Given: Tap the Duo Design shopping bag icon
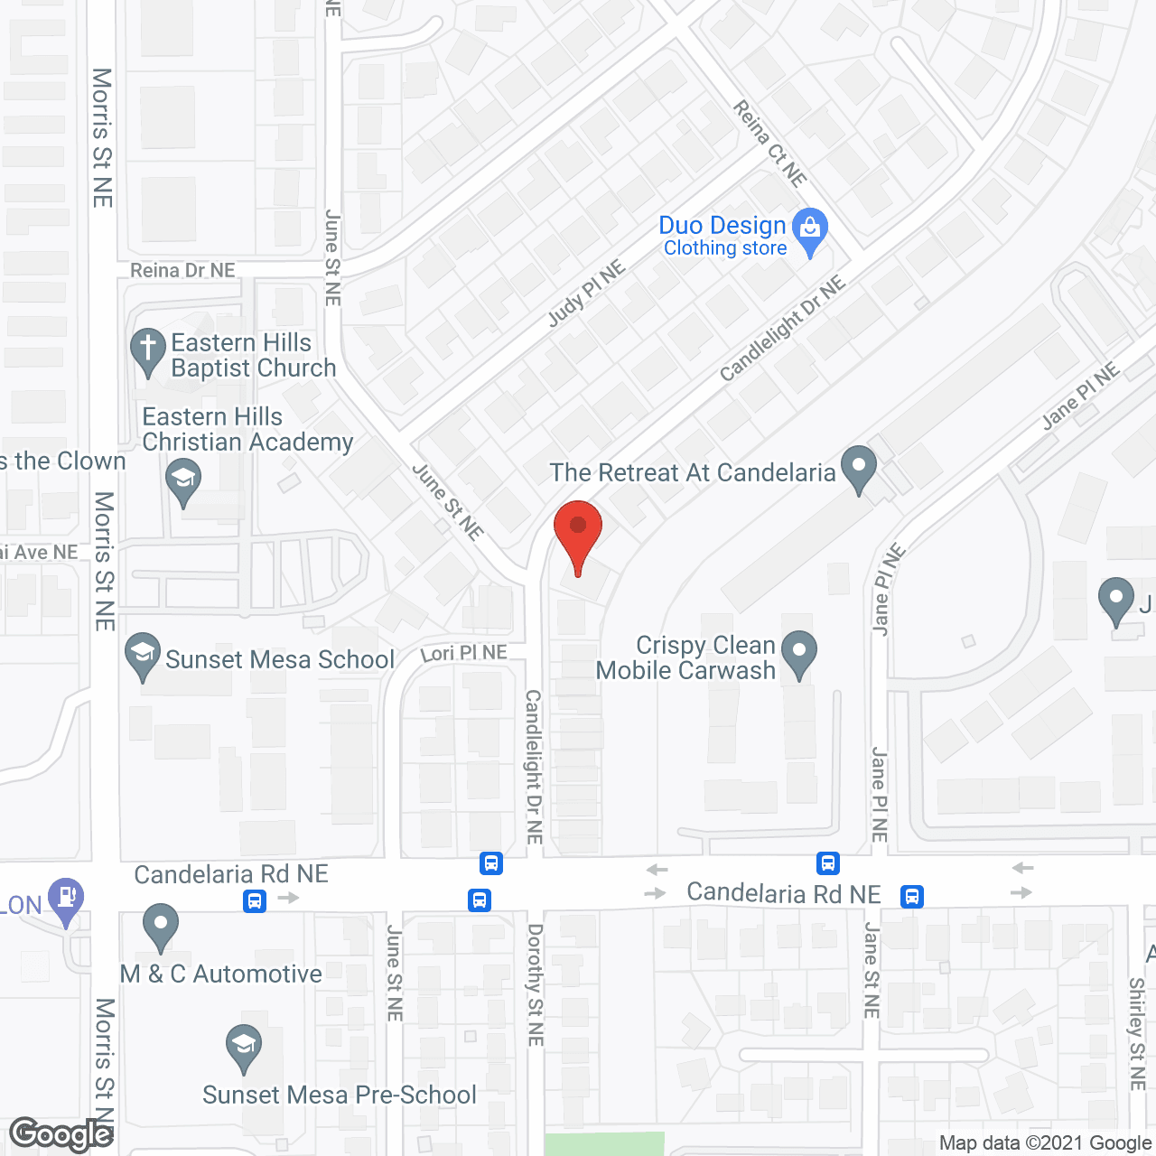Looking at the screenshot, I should (x=810, y=228).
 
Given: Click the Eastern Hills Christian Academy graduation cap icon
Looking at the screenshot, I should (x=183, y=480).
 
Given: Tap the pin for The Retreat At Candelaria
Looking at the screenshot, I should (x=858, y=467).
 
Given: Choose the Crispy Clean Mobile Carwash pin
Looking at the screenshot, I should (x=798, y=651).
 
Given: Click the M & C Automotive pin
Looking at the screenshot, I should (x=161, y=925).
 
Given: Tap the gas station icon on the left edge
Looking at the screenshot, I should (x=66, y=899).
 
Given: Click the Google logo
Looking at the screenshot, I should (x=61, y=1134).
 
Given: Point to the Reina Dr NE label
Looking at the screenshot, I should (x=182, y=270).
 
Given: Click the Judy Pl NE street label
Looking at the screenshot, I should (x=586, y=294).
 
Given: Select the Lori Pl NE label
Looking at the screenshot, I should (x=463, y=652).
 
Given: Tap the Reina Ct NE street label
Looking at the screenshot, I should (x=769, y=144).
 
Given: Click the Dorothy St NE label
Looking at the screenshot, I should (x=536, y=984).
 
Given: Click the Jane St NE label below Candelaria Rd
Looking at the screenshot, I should (x=872, y=970).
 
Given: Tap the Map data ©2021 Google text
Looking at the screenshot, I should (x=1045, y=1143).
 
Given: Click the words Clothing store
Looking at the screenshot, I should (x=725, y=248).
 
